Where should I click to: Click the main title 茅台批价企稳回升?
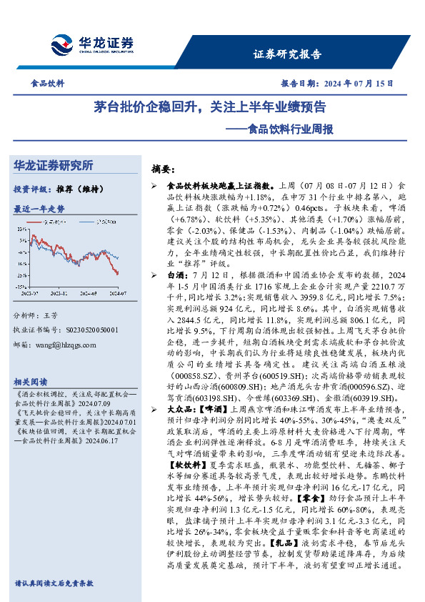[151, 108]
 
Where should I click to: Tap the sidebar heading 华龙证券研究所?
[54, 165]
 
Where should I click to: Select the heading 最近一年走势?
[39, 209]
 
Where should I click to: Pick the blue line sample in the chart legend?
[82, 222]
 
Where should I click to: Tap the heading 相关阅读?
[30, 382]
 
